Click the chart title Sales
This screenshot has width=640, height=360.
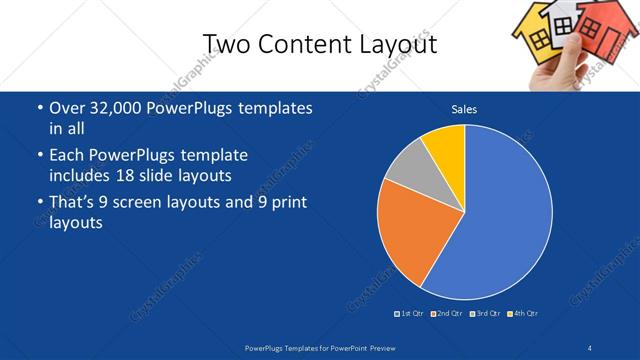click(x=463, y=109)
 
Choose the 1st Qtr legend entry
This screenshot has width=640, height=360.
click(x=409, y=314)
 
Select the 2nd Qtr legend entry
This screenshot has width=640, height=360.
click(x=446, y=314)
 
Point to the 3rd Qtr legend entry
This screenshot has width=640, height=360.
click(x=484, y=314)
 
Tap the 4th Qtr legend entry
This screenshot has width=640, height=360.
click(x=522, y=314)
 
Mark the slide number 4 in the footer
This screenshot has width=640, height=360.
click(x=590, y=347)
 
